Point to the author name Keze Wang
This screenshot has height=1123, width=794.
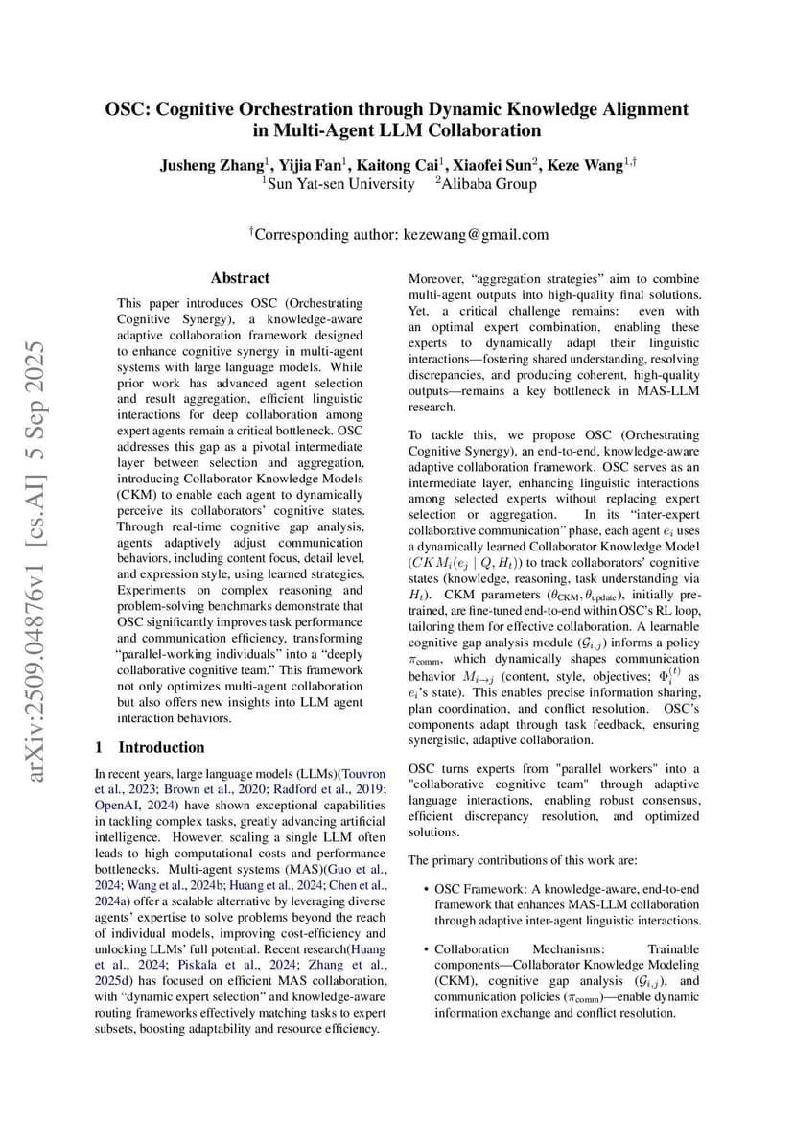(582, 165)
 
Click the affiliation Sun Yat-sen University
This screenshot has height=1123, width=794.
(340, 184)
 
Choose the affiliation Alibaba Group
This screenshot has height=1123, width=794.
(489, 184)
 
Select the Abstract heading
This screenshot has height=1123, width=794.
(240, 278)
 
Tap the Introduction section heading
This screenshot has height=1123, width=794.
(160, 747)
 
